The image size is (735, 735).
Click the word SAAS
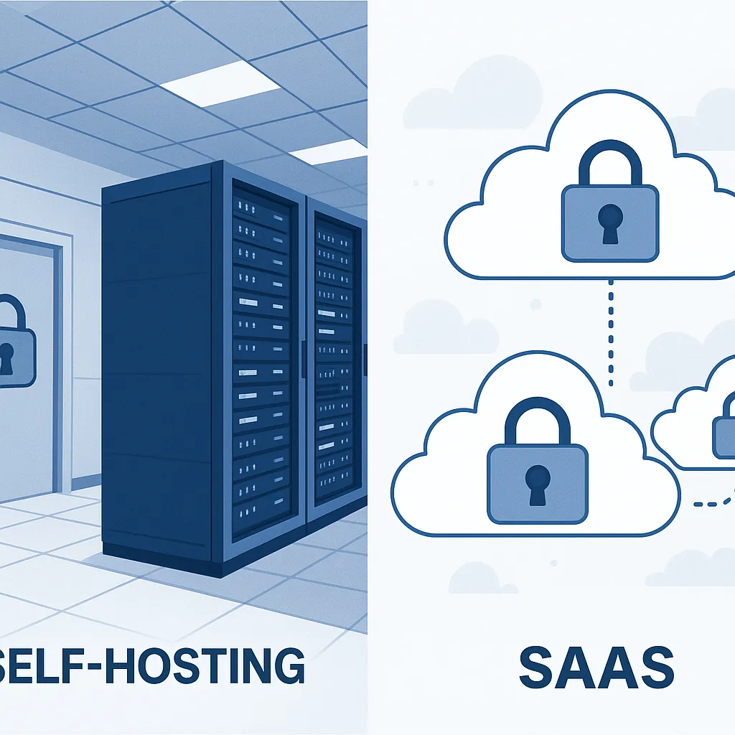pos(596,668)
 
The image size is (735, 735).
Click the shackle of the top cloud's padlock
pos(610,161)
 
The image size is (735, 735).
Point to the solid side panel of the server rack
pos(158,359)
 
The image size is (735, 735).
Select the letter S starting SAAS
pos(535,668)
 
